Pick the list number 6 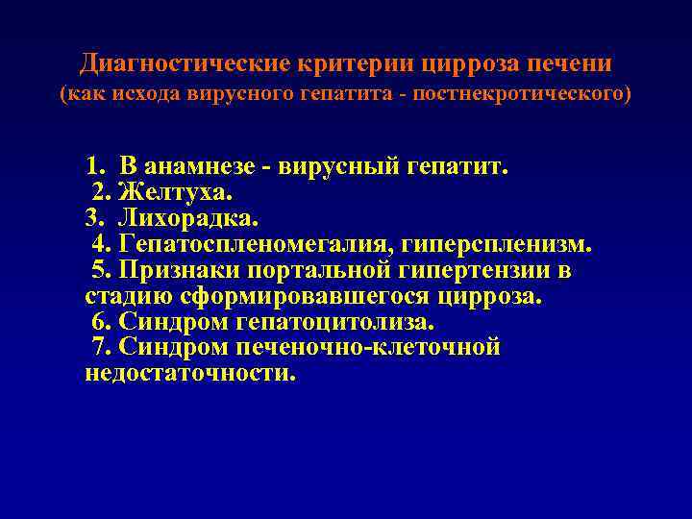(x=98, y=322)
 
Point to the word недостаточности (x=189, y=374)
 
